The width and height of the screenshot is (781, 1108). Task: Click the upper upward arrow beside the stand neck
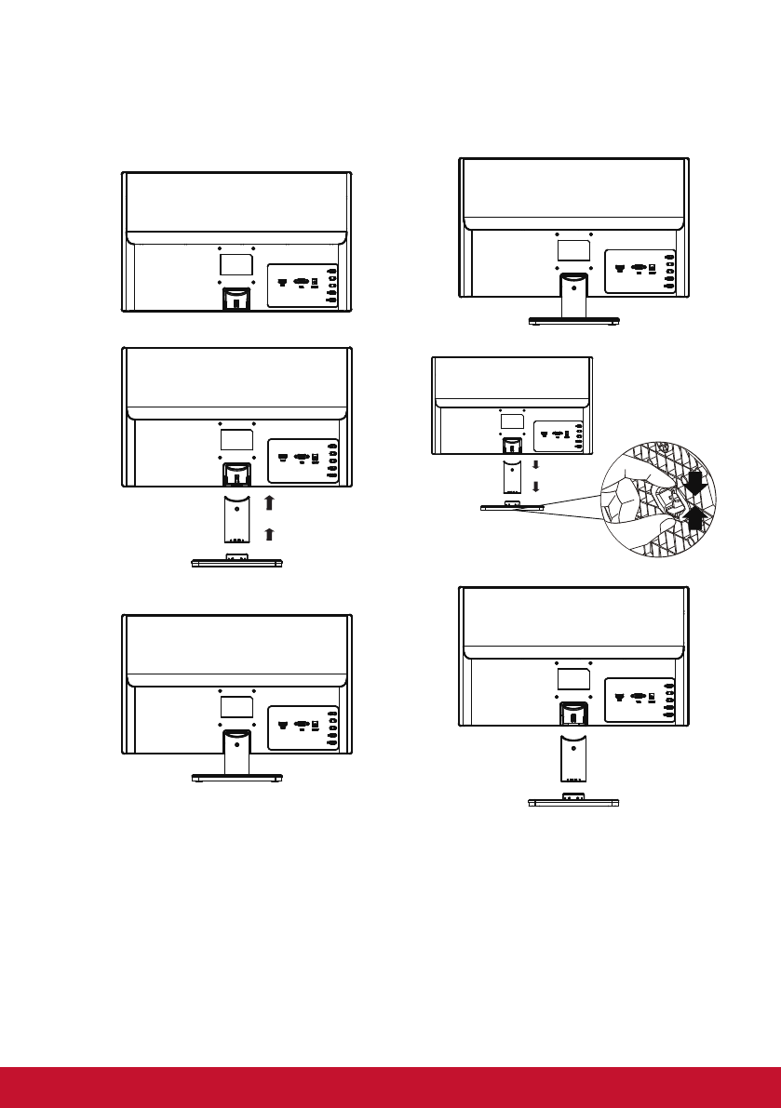(x=268, y=502)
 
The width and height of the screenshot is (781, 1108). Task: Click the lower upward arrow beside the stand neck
(x=268, y=534)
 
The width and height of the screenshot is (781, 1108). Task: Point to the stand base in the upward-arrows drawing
(x=236, y=561)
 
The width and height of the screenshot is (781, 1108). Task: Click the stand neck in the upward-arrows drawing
(x=236, y=518)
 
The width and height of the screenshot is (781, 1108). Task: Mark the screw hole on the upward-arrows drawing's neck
(x=236, y=508)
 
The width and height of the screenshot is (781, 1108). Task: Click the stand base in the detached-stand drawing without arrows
(x=573, y=801)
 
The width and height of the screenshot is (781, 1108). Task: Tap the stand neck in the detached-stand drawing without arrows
(x=573, y=759)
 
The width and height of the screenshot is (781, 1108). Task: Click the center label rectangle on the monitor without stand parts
(x=236, y=262)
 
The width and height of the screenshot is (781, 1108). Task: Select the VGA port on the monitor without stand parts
(x=302, y=279)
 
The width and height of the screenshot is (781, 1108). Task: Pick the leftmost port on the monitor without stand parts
(x=282, y=279)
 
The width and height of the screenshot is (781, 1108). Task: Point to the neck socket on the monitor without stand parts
(x=236, y=299)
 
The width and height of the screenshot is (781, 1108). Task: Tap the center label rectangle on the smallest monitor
(x=512, y=421)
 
